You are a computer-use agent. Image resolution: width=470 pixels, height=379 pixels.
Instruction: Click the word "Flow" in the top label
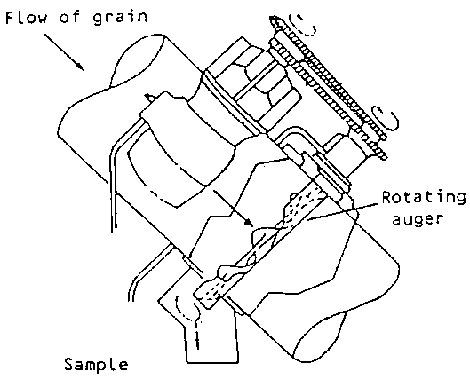tap(27, 18)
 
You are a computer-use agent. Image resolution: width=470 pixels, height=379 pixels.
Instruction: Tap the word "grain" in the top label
tap(120, 18)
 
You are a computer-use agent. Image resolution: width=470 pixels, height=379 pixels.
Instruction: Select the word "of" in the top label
tap(70, 17)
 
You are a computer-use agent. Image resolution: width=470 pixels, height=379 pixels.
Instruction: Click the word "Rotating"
tap(424, 197)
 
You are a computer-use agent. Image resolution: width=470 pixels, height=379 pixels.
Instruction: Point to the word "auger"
tap(418, 219)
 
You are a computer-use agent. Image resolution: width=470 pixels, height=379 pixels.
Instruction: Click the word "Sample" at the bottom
tap(96, 365)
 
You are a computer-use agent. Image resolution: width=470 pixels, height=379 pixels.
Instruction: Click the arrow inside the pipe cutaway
tap(233, 208)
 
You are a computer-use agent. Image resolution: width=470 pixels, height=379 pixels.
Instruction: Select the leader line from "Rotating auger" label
tap(342, 212)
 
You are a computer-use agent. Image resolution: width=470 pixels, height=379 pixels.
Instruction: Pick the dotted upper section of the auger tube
tap(303, 203)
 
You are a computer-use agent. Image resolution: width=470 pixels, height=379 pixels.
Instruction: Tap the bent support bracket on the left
tap(114, 179)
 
